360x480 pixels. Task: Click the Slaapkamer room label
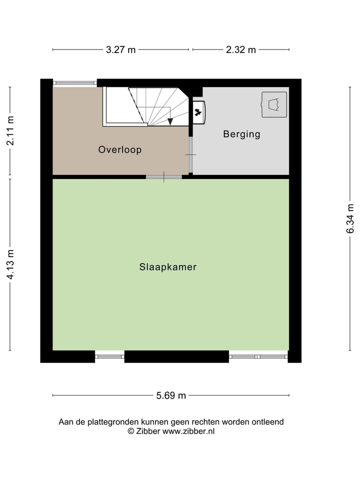167,267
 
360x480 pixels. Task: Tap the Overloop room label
120,149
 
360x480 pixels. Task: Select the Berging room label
241,134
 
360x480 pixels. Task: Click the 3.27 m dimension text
120,49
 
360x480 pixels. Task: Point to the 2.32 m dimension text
240,49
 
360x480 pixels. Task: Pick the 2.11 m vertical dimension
10,131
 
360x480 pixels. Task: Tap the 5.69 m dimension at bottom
170,395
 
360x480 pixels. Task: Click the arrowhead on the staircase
170,121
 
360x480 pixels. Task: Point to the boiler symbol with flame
198,112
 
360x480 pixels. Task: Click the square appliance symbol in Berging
274,104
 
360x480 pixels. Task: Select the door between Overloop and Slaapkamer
164,176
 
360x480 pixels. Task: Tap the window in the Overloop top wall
74,82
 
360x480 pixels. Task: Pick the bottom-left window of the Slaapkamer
109,356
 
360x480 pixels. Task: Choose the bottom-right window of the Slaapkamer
258,356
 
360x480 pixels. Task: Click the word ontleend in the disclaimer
268,422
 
